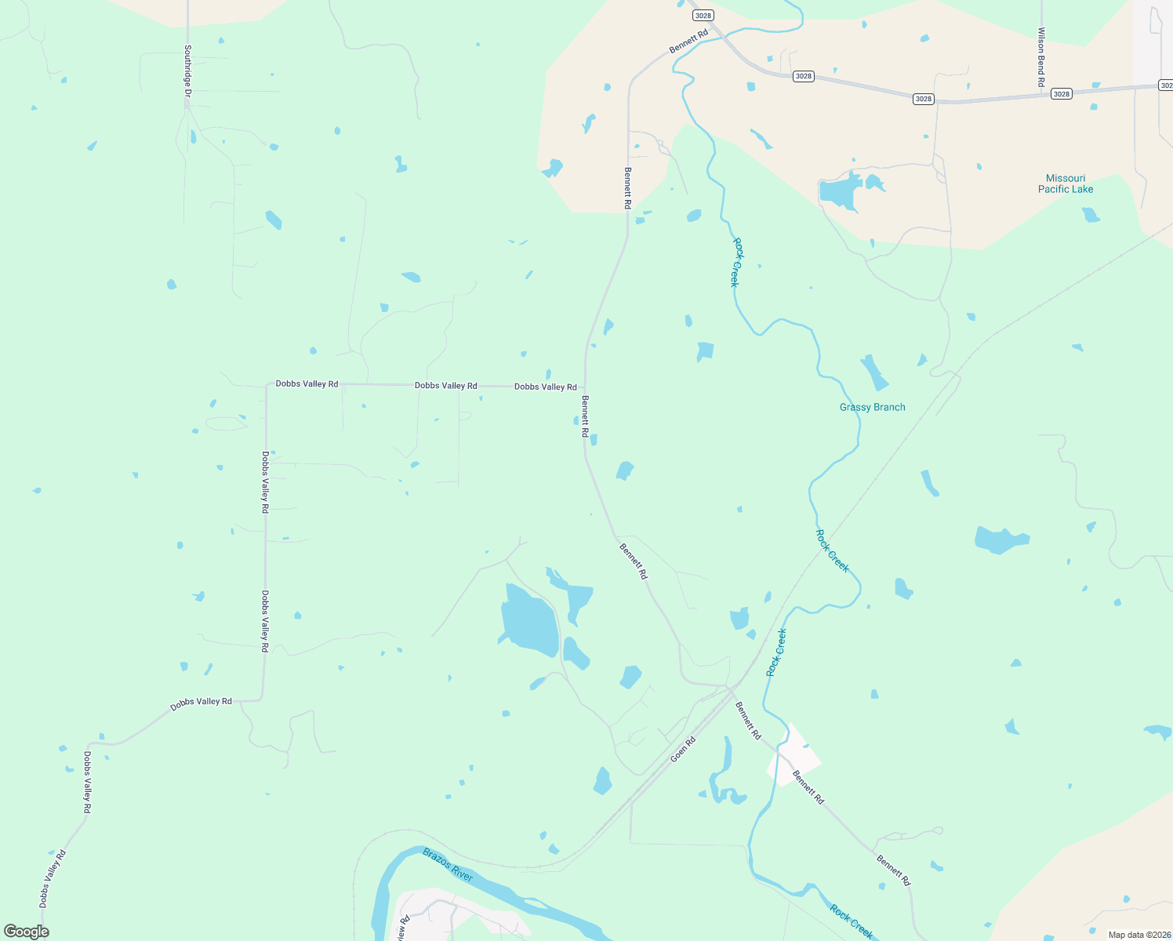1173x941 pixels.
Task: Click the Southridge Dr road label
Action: (187, 71)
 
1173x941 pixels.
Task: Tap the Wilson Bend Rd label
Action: (1041, 57)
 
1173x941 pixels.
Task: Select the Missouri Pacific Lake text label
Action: (1065, 183)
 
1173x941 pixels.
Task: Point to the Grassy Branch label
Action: (872, 407)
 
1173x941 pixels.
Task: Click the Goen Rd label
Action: (683, 750)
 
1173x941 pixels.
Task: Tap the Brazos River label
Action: (448, 864)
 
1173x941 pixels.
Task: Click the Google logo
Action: (26, 932)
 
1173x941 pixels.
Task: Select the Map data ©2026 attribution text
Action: (1138, 935)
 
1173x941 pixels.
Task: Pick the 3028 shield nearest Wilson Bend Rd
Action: (1061, 94)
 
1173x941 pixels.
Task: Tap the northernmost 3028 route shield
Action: (703, 16)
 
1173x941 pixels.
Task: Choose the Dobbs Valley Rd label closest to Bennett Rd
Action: (545, 387)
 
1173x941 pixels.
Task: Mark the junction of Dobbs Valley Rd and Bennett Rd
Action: (585, 387)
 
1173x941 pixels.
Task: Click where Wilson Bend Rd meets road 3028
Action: (1042, 95)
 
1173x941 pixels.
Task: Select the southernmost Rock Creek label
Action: (851, 922)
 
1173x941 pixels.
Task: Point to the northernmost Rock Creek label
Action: (735, 262)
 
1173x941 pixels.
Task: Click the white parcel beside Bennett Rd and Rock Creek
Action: (793, 754)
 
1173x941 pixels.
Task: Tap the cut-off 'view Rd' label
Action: (403, 928)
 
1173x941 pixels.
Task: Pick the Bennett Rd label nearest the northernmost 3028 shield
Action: (688, 42)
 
